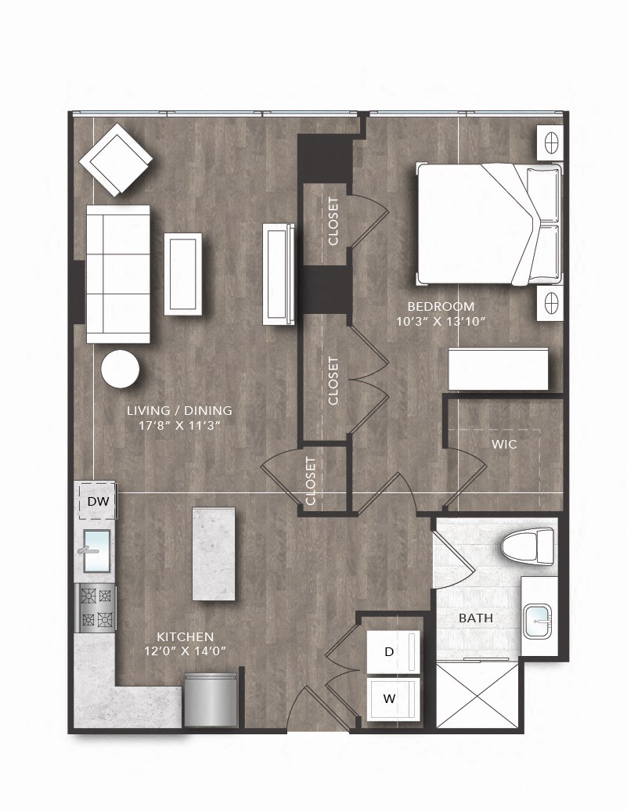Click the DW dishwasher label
pos(97,502)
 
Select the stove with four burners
pos(96,607)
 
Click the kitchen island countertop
pos(214,554)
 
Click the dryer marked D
pos(395,651)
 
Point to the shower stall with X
pos(476,695)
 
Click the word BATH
pos(476,618)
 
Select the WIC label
pos(504,444)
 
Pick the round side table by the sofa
pos(121,369)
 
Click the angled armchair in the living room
pos(116,160)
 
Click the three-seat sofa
pos(117,274)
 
